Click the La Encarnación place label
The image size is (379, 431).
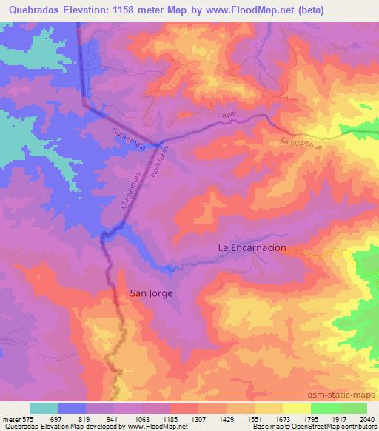tap(251, 249)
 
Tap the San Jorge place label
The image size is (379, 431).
tap(152, 293)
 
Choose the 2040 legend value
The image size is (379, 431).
tap(366, 419)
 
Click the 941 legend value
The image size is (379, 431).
tap(114, 419)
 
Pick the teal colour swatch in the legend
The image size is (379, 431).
tap(44, 408)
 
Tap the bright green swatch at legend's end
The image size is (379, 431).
tap(353, 408)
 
